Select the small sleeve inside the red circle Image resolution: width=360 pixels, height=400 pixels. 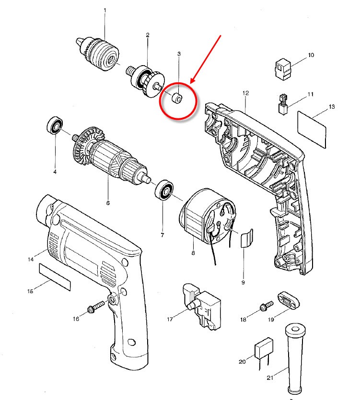(x=177, y=99)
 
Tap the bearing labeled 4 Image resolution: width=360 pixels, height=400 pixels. (x=55, y=127)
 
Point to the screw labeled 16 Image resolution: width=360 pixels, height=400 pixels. (x=96, y=307)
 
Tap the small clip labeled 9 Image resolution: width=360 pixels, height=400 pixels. (x=246, y=238)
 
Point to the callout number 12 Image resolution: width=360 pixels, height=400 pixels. (x=245, y=92)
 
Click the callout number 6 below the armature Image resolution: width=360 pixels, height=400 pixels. (x=108, y=203)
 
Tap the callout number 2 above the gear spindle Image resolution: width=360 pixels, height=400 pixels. (x=148, y=35)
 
